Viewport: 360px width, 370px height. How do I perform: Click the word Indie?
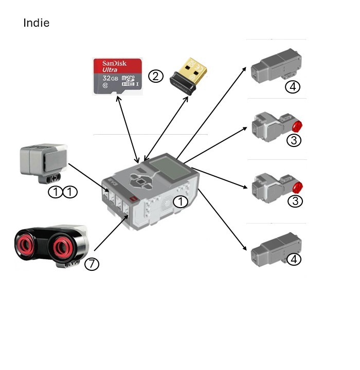(37, 23)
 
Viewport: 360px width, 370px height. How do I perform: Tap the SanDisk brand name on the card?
(114, 63)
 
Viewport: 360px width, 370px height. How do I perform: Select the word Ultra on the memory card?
(110, 69)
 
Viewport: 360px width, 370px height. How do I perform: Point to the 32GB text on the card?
(111, 78)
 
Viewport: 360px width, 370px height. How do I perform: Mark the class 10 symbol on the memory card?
(105, 85)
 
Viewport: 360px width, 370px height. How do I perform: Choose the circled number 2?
(156, 76)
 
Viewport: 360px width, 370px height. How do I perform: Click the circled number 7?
(92, 264)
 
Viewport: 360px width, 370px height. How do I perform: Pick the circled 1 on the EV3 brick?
(181, 202)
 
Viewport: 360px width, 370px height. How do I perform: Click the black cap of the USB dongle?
(183, 84)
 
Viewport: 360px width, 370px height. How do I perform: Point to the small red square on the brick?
(133, 199)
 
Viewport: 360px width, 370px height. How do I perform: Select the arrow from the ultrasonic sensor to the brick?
(111, 233)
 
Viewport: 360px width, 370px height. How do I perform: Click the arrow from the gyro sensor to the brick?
(88, 178)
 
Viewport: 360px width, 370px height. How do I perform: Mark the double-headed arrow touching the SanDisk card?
(128, 129)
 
